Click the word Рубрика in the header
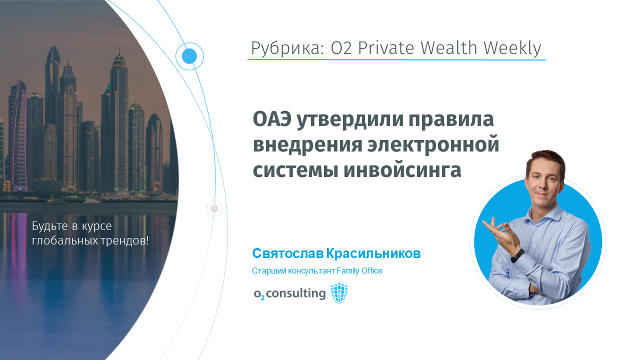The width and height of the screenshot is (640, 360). [x=287, y=48]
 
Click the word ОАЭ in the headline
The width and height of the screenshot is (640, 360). [x=271, y=119]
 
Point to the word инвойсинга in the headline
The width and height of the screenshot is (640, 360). [x=402, y=170]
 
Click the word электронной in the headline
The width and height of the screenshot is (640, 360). [x=433, y=145]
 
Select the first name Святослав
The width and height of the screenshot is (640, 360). [x=287, y=253]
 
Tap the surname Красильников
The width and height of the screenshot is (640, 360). [x=373, y=253]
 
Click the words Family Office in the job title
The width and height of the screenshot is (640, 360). [x=359, y=271]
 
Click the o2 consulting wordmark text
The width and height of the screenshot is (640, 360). [x=289, y=293]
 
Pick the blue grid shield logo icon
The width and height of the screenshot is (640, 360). [x=339, y=293]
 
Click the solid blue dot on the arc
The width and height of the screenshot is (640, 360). [x=189, y=56]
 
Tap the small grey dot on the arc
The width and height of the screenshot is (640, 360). [x=214, y=208]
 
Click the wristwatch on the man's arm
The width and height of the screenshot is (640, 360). [x=517, y=255]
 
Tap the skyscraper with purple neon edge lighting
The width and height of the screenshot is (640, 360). [x=19, y=135]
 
